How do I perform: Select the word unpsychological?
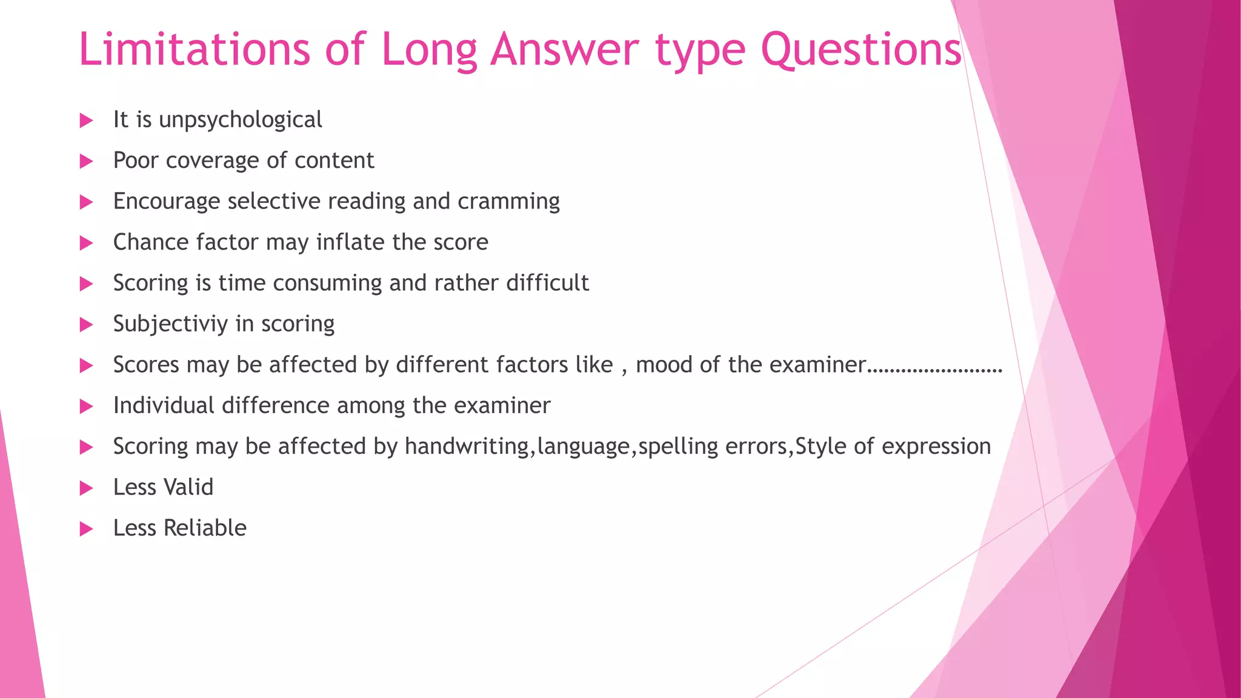tap(240, 120)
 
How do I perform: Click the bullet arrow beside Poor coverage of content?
tap(87, 161)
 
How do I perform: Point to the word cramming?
tap(508, 202)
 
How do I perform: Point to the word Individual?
tap(164, 405)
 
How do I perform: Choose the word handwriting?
tap(467, 447)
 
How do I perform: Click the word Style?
tap(820, 447)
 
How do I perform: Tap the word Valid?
tap(188, 487)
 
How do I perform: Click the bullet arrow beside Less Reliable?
tap(87, 529)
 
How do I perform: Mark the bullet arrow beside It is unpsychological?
tap(87, 121)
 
